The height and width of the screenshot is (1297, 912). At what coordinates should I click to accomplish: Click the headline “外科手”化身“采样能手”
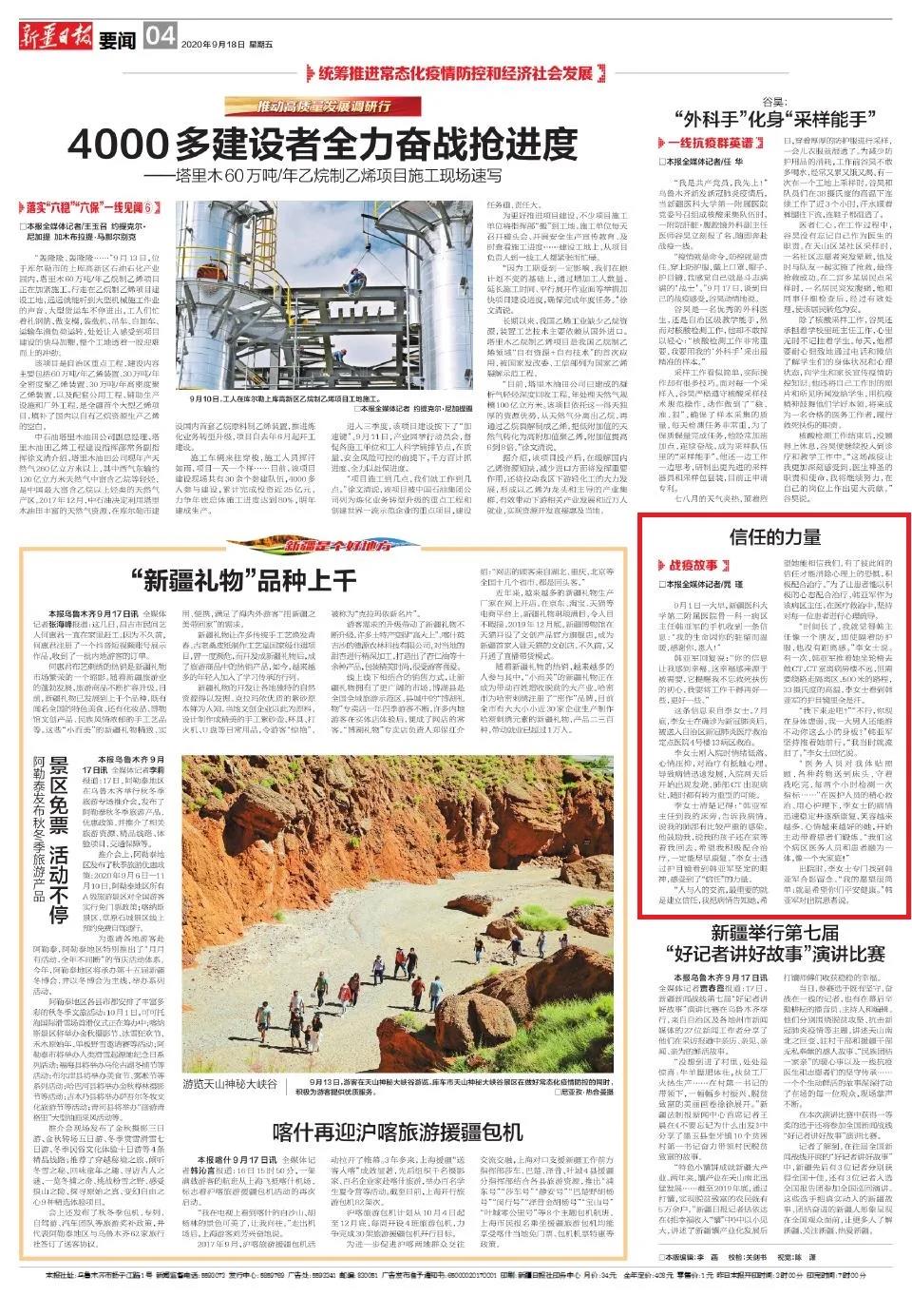(771, 119)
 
